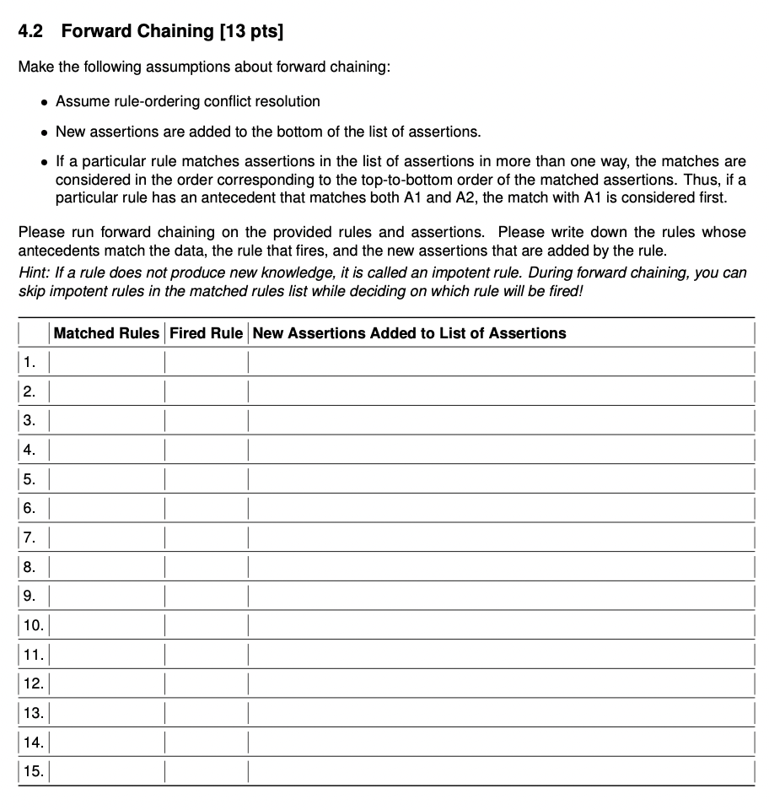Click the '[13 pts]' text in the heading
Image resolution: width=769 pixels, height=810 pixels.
[x=251, y=32]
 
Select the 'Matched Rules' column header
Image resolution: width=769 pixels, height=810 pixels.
[x=106, y=333]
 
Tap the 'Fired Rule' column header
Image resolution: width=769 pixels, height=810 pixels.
[x=207, y=333]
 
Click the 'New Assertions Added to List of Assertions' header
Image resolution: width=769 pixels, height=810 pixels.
[x=409, y=333]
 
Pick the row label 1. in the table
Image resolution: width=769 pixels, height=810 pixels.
[x=30, y=363]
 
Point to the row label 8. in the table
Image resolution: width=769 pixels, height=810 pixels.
[x=30, y=567]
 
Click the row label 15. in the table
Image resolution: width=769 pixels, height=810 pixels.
[x=33, y=771]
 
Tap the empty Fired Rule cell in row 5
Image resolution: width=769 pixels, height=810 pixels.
[x=207, y=479]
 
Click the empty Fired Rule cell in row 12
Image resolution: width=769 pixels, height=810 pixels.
[x=207, y=683]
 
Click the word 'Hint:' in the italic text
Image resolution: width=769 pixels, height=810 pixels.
[x=35, y=273]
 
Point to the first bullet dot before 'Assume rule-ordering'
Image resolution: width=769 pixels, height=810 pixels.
[x=44, y=102]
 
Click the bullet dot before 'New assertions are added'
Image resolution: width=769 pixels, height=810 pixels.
[x=44, y=132]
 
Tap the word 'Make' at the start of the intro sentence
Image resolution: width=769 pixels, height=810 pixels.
[x=35, y=67]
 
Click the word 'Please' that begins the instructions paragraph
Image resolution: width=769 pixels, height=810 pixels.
[x=40, y=231]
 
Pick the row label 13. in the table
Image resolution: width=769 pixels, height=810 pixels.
[x=33, y=713]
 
